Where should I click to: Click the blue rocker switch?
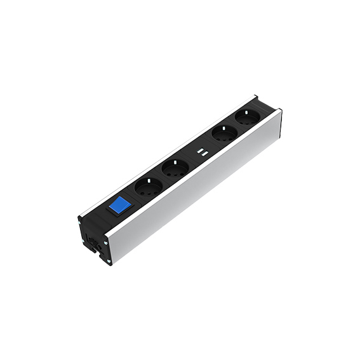pyautogui.click(x=119, y=207)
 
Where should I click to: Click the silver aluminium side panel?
pyautogui.click(x=203, y=190)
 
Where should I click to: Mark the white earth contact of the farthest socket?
pyautogui.click(x=241, y=114)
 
